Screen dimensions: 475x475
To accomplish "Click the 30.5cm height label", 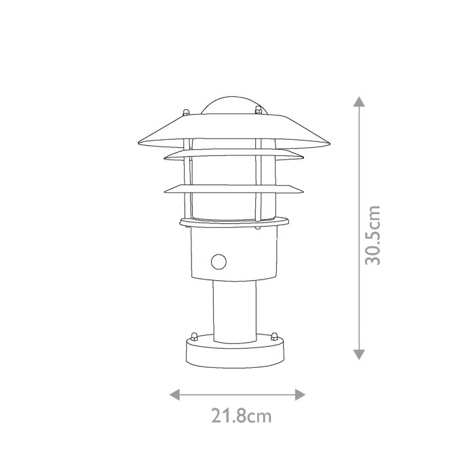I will [x=373, y=234].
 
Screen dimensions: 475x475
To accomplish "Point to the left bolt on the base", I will [x=194, y=337].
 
